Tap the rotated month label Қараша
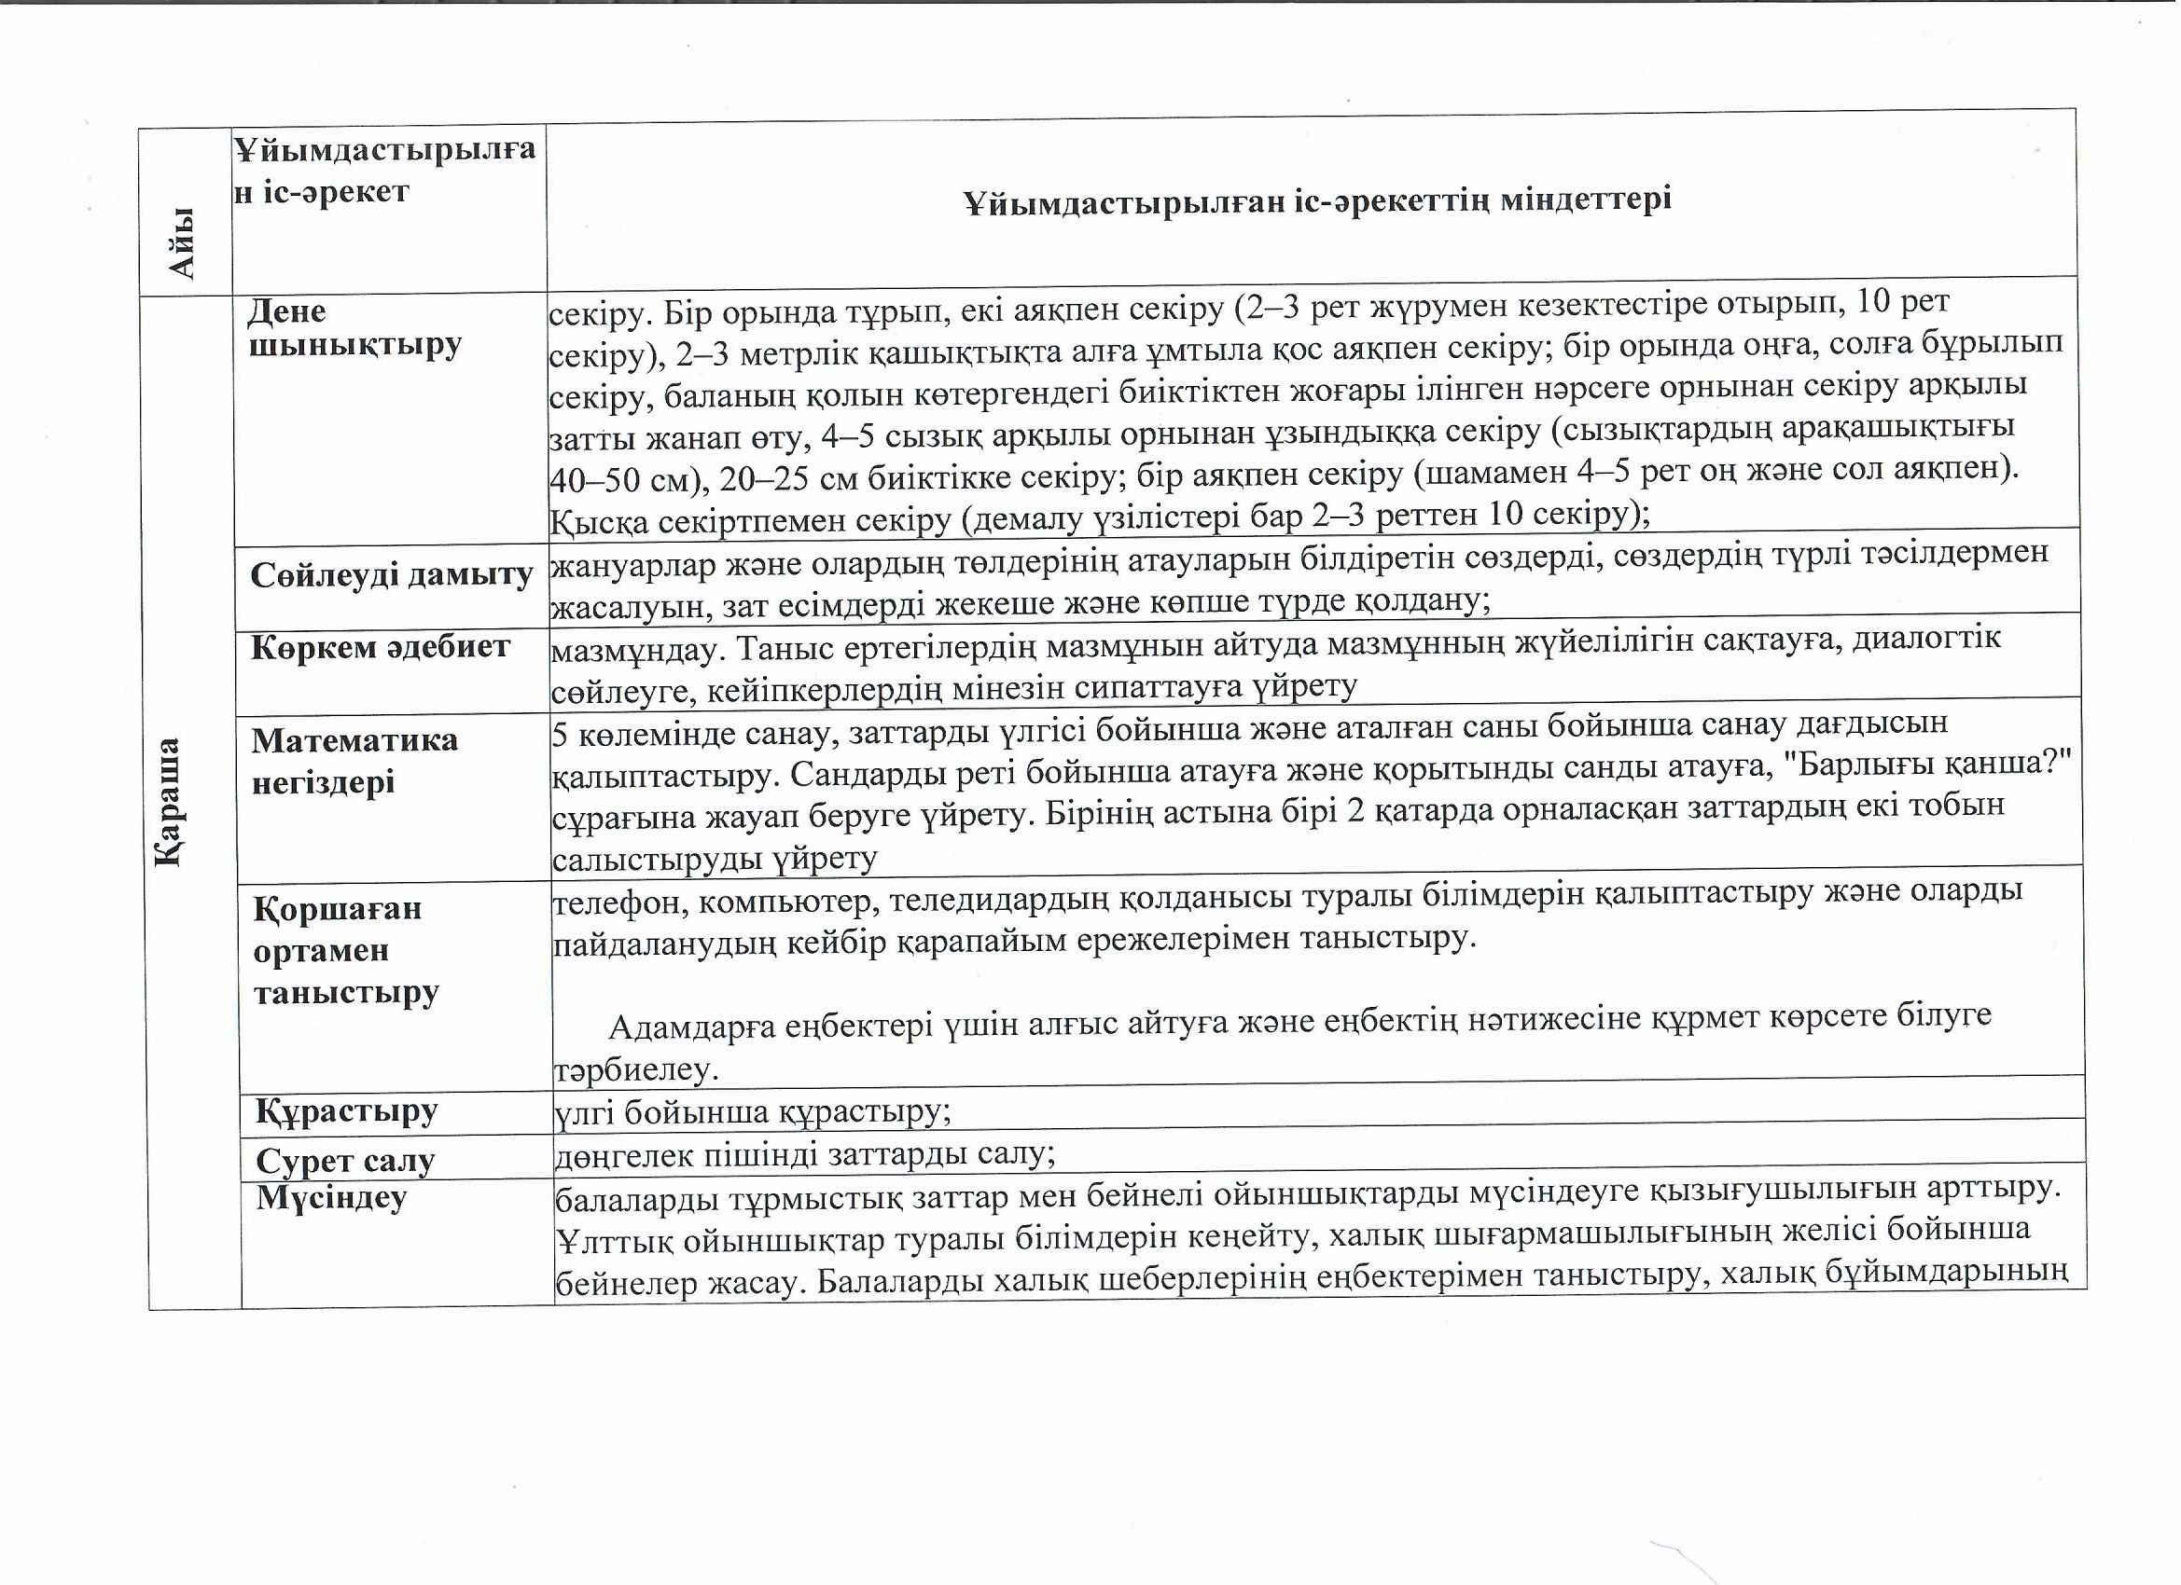point(168,802)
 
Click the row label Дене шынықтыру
point(354,328)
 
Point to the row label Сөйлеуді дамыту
point(392,574)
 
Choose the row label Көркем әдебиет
point(380,647)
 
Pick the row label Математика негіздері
point(354,760)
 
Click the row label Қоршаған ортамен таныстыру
point(345,950)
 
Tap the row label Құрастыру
point(346,1111)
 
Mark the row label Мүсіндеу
point(331,1198)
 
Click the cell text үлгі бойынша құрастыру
point(753,1112)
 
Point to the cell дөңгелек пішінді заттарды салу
point(805,1154)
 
